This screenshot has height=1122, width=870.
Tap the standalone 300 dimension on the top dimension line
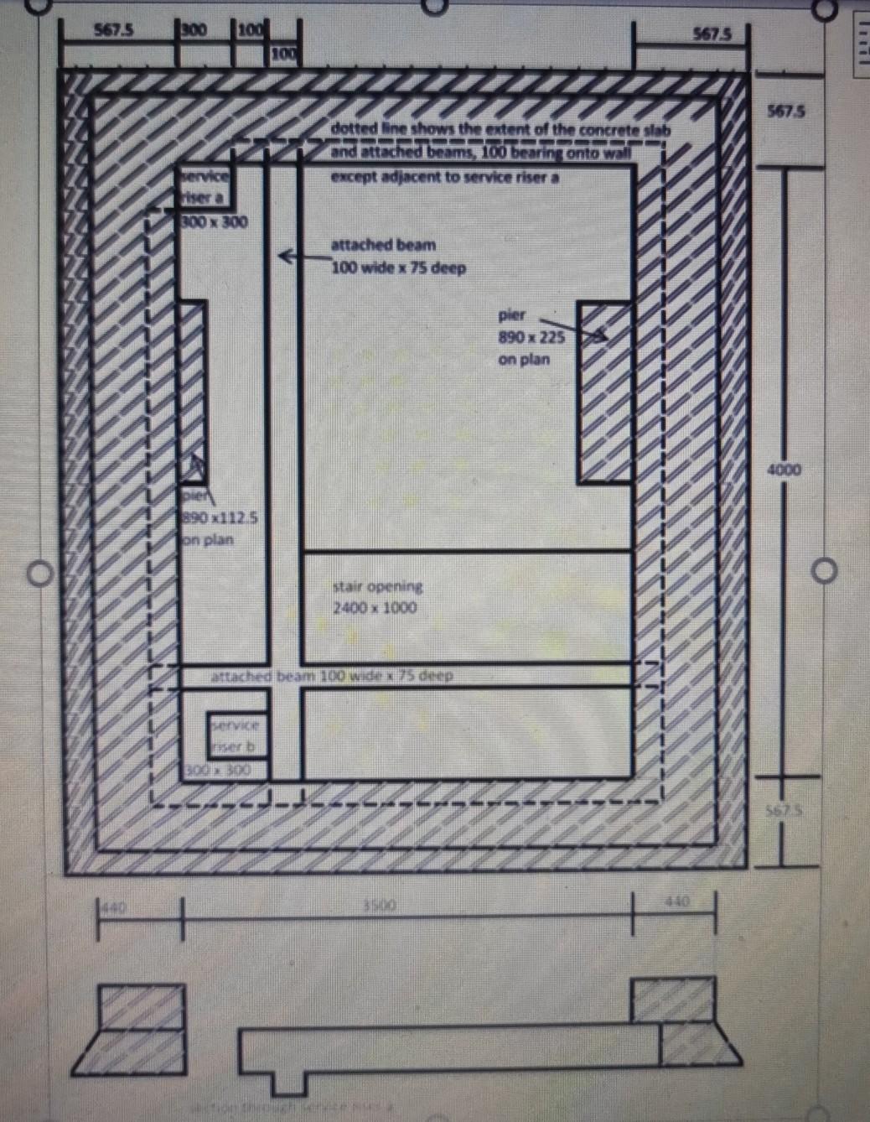click(x=194, y=31)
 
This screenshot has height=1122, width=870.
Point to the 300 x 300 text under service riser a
click(x=215, y=222)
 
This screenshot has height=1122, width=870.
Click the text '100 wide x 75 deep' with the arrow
click(x=398, y=268)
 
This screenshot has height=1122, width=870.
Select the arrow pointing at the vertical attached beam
click(x=290, y=256)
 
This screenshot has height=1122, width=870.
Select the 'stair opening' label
click(x=377, y=586)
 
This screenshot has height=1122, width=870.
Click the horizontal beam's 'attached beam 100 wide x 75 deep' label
click(x=332, y=676)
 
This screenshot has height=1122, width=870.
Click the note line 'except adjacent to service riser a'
click(x=444, y=178)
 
